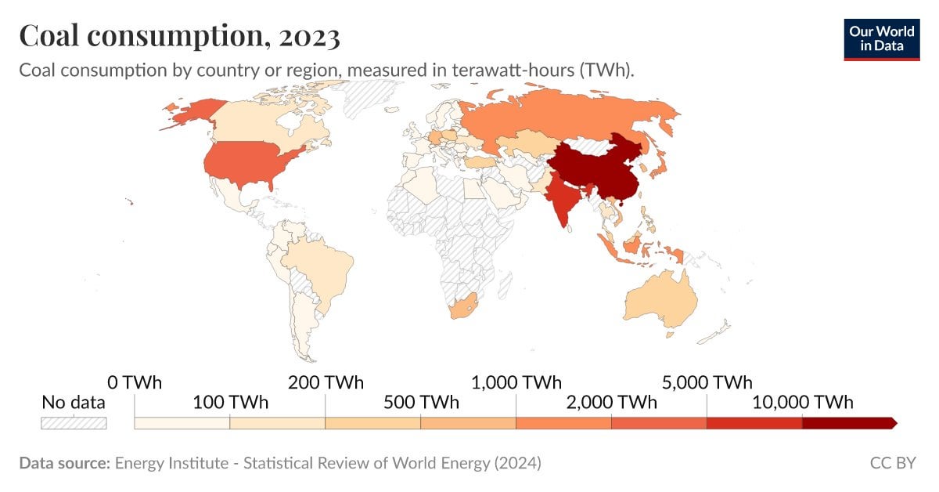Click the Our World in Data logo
point(881,39)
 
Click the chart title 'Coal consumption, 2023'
point(179,36)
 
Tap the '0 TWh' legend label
point(134,383)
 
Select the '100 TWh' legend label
point(229,403)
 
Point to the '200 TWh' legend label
point(325,383)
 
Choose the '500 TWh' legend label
point(420,403)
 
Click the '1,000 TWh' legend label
point(516,383)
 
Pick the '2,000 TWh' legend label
point(611,403)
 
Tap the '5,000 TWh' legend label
point(707,383)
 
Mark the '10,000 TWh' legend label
point(802,403)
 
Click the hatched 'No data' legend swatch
point(73,423)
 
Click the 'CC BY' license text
point(892,463)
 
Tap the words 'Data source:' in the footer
point(64,463)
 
